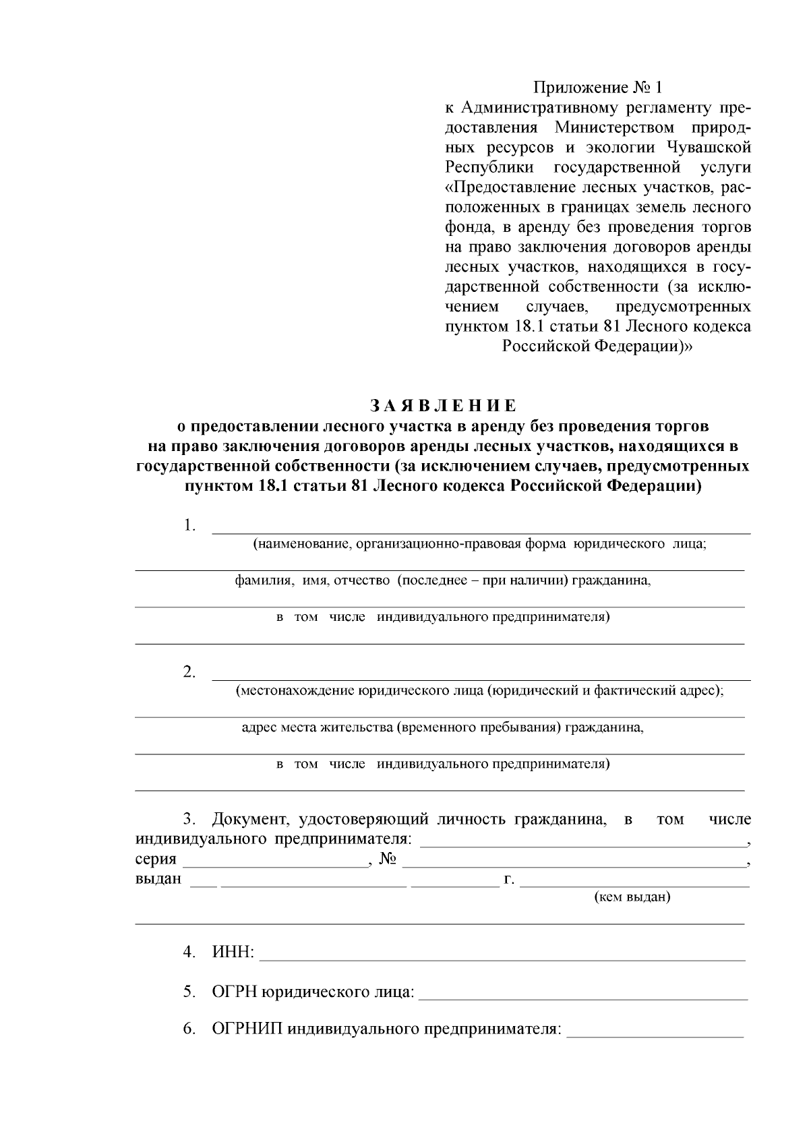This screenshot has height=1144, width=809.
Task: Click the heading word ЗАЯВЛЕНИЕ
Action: (x=443, y=406)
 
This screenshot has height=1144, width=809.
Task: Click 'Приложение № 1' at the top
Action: (x=598, y=88)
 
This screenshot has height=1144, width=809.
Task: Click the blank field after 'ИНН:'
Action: (x=502, y=953)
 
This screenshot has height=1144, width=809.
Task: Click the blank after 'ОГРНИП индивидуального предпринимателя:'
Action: (x=655, y=1029)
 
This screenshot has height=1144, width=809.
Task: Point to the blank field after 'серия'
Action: (x=274, y=860)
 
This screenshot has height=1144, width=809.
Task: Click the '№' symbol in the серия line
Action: (x=387, y=859)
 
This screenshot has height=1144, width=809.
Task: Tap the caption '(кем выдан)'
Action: (x=632, y=897)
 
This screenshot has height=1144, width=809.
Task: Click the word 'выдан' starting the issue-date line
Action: (x=158, y=879)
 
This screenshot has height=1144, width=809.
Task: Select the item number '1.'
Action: (x=189, y=526)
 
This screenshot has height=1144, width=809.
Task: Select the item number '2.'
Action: (x=189, y=672)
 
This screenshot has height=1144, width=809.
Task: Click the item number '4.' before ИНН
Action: (x=189, y=953)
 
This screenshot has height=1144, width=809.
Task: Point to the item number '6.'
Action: (x=189, y=1029)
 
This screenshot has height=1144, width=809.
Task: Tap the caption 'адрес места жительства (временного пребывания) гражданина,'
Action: (x=442, y=728)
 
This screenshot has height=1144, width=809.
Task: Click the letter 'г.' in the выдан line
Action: (x=509, y=879)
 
